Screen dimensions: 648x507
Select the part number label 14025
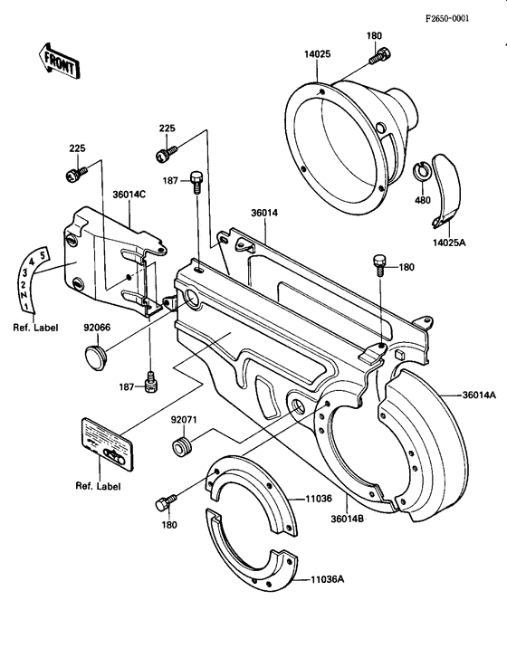pyautogui.click(x=317, y=54)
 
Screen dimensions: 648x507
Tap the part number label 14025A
pyautogui.click(x=450, y=243)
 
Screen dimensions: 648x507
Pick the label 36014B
pyautogui.click(x=348, y=519)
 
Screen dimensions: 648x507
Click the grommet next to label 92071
pyautogui.click(x=182, y=447)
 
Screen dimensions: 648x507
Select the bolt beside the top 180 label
pyautogui.click(x=378, y=56)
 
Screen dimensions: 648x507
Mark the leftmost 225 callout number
pyautogui.click(x=77, y=148)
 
